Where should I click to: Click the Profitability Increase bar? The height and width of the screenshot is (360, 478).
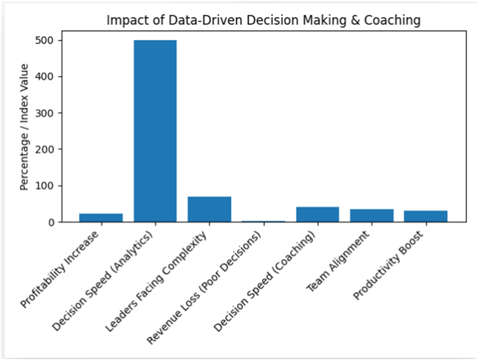pos(101,218)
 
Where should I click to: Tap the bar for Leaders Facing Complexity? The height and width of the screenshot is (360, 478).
pos(209,210)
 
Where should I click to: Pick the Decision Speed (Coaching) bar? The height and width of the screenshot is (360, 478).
pos(317,214)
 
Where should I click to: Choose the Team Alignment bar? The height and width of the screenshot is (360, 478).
pos(372,215)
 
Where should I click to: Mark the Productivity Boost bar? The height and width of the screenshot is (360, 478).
pos(426,216)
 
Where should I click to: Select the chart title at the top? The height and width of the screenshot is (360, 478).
pos(264,21)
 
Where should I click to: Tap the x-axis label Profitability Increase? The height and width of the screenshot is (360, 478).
pos(61,268)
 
